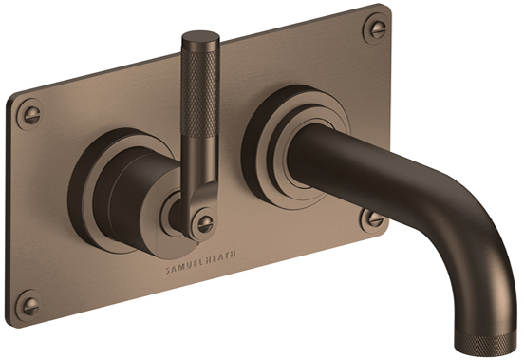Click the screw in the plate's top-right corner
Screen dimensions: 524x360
click(x=377, y=28)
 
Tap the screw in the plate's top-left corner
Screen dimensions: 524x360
click(x=30, y=114)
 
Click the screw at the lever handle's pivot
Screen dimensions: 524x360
click(x=204, y=223)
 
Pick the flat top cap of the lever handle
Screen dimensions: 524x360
click(x=200, y=36)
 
